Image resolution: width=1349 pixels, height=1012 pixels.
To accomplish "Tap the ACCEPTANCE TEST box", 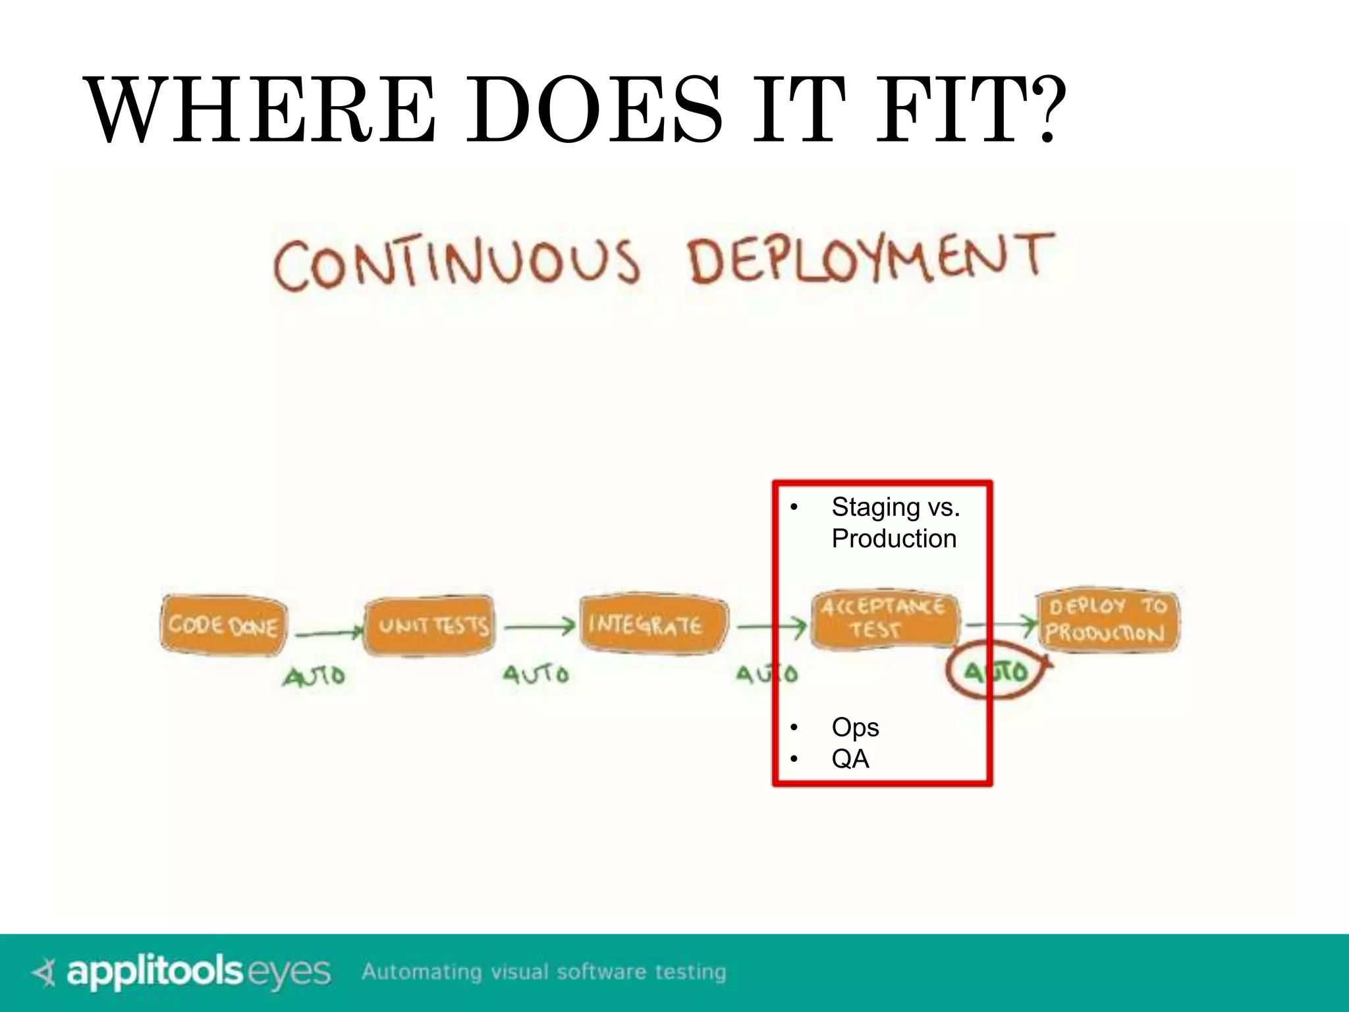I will (884, 619).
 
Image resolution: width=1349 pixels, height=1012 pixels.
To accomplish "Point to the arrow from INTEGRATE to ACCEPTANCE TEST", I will (771, 627).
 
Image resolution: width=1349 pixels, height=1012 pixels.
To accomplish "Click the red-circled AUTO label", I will (996, 671).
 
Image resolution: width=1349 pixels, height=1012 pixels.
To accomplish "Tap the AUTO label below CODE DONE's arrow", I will (314, 676).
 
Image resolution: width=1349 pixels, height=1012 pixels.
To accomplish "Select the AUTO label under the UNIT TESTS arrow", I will (536, 674).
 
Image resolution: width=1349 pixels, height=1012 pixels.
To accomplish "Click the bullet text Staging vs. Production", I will (895, 522).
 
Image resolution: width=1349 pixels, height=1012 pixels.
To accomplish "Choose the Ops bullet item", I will (854, 727).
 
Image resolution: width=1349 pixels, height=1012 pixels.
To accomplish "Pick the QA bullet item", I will (850, 759).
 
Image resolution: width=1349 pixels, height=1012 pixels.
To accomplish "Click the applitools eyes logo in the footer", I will (181, 972).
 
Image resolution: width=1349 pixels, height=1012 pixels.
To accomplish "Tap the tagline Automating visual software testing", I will (544, 972).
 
